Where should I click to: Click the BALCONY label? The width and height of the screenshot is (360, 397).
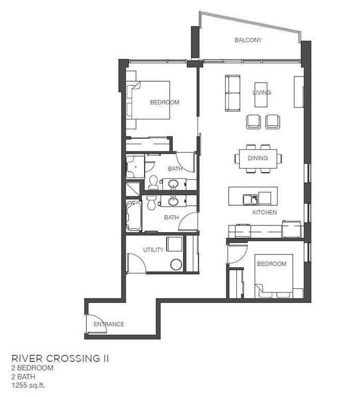coord(248,40)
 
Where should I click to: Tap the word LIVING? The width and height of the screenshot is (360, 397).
coord(262,93)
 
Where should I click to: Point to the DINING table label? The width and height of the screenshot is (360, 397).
coord(258,158)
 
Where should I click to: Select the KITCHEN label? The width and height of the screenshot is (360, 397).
coord(264,212)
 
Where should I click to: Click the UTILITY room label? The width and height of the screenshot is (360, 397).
coord(153,250)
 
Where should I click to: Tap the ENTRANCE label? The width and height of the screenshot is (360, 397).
coord(109,324)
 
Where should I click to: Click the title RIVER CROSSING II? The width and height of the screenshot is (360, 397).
coord(61,359)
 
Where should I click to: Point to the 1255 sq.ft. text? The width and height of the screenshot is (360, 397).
coord(28,385)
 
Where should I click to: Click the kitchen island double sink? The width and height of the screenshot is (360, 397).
coord(250,199)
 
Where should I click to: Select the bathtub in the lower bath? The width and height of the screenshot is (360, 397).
coord(134,216)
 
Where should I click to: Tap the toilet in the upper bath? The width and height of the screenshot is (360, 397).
coord(154,182)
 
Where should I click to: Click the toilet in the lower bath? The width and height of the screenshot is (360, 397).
coord(152,203)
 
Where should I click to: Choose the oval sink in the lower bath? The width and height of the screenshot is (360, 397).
coord(174,202)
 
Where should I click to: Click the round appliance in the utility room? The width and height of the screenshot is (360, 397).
coord(176,265)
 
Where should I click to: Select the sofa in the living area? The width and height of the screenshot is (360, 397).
coord(233,93)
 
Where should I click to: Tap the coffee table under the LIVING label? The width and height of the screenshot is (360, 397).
coord(261,95)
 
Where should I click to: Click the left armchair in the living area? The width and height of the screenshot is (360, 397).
coord(253,122)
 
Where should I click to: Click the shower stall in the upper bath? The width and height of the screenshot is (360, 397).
coord(136,166)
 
